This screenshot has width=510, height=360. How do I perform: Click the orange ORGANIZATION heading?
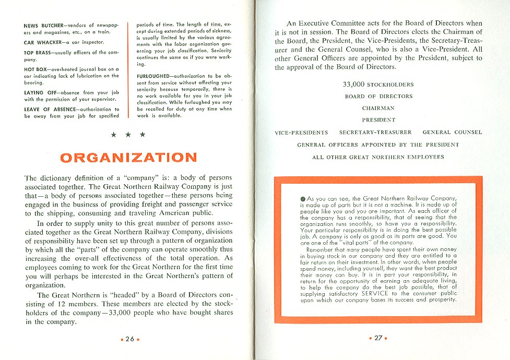(x=128, y=157)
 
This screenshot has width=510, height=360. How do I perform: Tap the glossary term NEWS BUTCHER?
(x=44, y=26)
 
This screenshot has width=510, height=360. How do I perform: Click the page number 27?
(x=378, y=338)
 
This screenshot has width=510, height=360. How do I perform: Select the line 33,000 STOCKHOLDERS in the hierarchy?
(x=378, y=85)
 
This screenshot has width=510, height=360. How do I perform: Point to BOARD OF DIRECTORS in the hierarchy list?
(x=378, y=97)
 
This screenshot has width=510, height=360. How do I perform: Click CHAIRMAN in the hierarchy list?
(x=378, y=109)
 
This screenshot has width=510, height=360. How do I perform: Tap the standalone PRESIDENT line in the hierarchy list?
(x=378, y=121)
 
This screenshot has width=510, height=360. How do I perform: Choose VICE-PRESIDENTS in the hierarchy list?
(x=301, y=133)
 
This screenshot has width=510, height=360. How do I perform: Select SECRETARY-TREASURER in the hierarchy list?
(x=375, y=133)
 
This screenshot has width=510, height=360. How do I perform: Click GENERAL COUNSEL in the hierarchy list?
(x=452, y=133)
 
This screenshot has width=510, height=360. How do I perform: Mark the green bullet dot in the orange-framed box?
(x=303, y=199)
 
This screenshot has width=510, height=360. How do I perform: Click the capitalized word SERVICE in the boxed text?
(x=384, y=293)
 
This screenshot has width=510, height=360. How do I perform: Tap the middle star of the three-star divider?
(x=128, y=135)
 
